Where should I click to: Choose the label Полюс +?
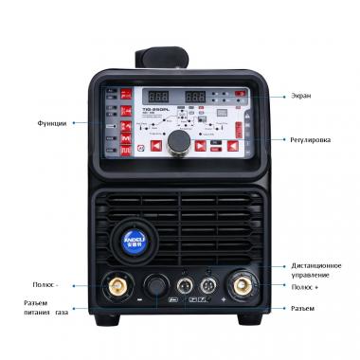[x=311, y=285]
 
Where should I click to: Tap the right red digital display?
[x=196, y=97]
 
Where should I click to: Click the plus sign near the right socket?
[x=224, y=301]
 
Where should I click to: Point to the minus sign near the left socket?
[x=139, y=301]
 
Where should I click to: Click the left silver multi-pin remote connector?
[x=185, y=284]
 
